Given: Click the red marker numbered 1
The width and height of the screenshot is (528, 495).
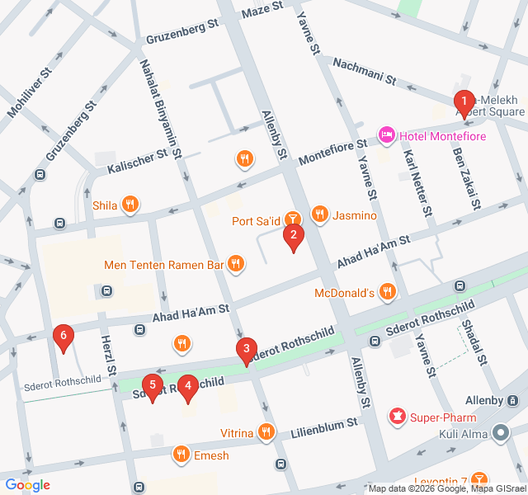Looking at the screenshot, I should [464, 103].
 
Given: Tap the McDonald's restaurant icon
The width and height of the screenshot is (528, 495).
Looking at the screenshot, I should [388, 292].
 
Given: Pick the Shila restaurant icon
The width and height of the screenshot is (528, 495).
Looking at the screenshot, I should [130, 205].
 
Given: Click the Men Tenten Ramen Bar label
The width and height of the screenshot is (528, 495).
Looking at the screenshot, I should [164, 265].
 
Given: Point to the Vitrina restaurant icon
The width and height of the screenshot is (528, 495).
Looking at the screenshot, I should [266, 431].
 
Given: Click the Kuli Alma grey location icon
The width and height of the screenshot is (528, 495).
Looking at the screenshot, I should [501, 432].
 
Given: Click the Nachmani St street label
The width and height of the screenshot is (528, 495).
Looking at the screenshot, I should [364, 72].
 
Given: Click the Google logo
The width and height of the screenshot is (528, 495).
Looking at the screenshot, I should [27, 485].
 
